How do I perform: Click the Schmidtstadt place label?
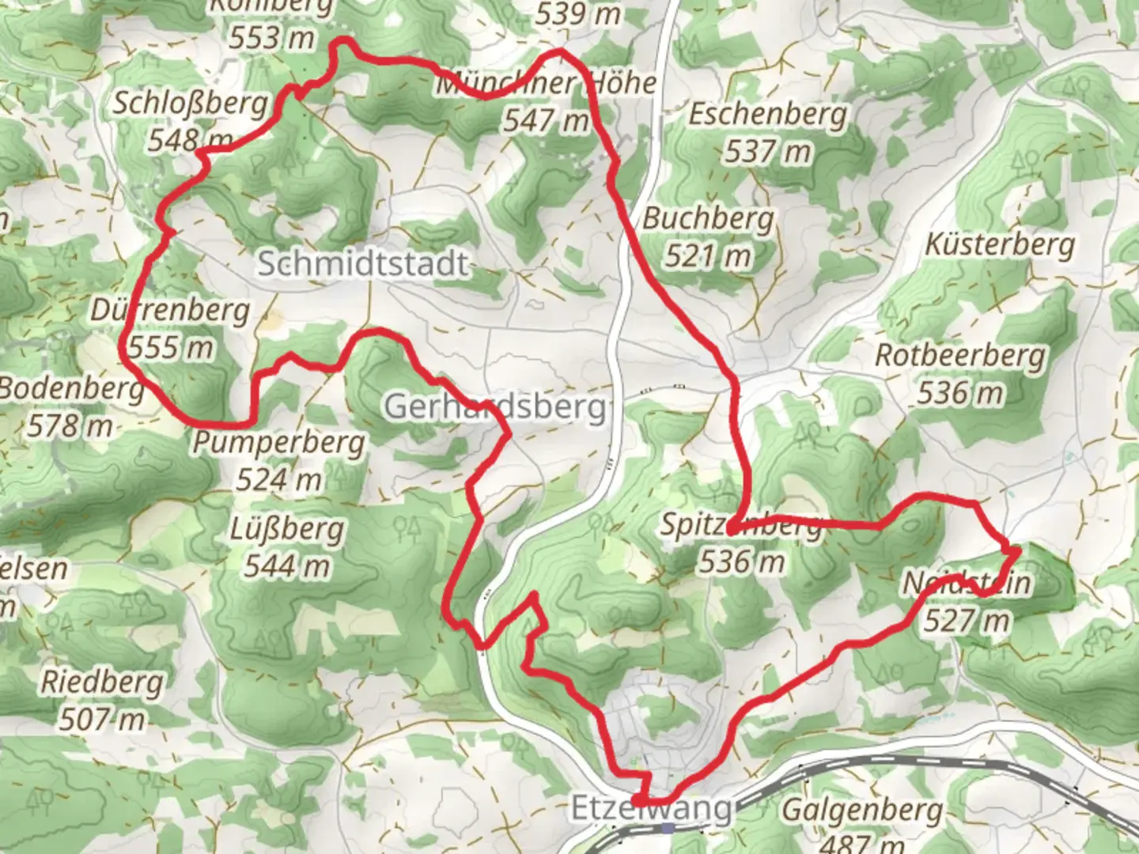363,263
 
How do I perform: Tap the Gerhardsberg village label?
496,406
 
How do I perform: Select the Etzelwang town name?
651,809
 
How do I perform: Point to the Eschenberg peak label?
767,114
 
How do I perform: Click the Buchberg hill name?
708,218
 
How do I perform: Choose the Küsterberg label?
1000,244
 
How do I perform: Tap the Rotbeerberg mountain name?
959,355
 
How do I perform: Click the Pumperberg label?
278,442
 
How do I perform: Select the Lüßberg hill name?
287,528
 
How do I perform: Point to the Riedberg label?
103,681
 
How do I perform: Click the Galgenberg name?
862,811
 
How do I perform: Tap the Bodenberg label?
71,388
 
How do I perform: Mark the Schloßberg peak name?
191,103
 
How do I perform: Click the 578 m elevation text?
70,426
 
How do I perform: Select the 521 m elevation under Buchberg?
707,255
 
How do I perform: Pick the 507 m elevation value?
102,719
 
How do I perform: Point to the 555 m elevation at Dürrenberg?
171,347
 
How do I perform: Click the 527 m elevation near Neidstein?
967,620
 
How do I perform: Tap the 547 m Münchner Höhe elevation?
546,120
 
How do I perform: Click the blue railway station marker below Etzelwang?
669,828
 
